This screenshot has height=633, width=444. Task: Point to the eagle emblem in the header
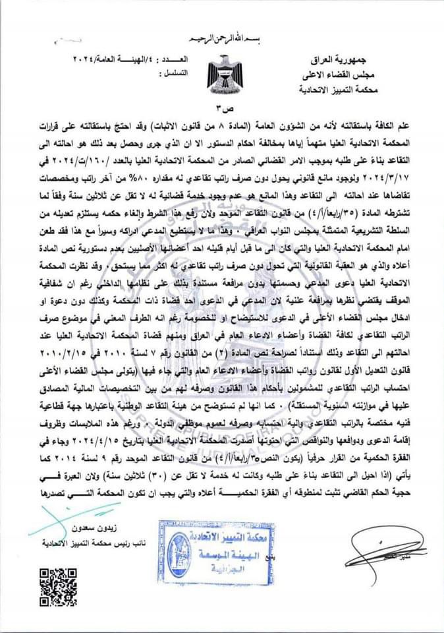pos(221,74)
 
